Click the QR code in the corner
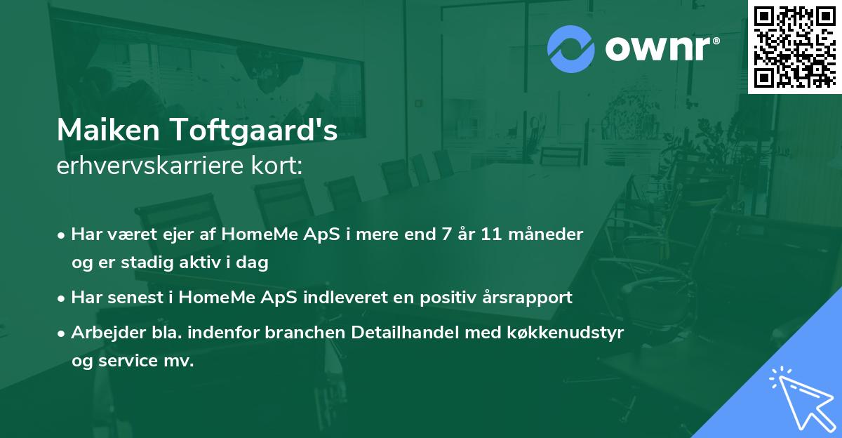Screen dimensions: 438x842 coord(794,46)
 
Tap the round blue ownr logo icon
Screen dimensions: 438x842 coord(570,49)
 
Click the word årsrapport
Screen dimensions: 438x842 coord(528,298)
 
